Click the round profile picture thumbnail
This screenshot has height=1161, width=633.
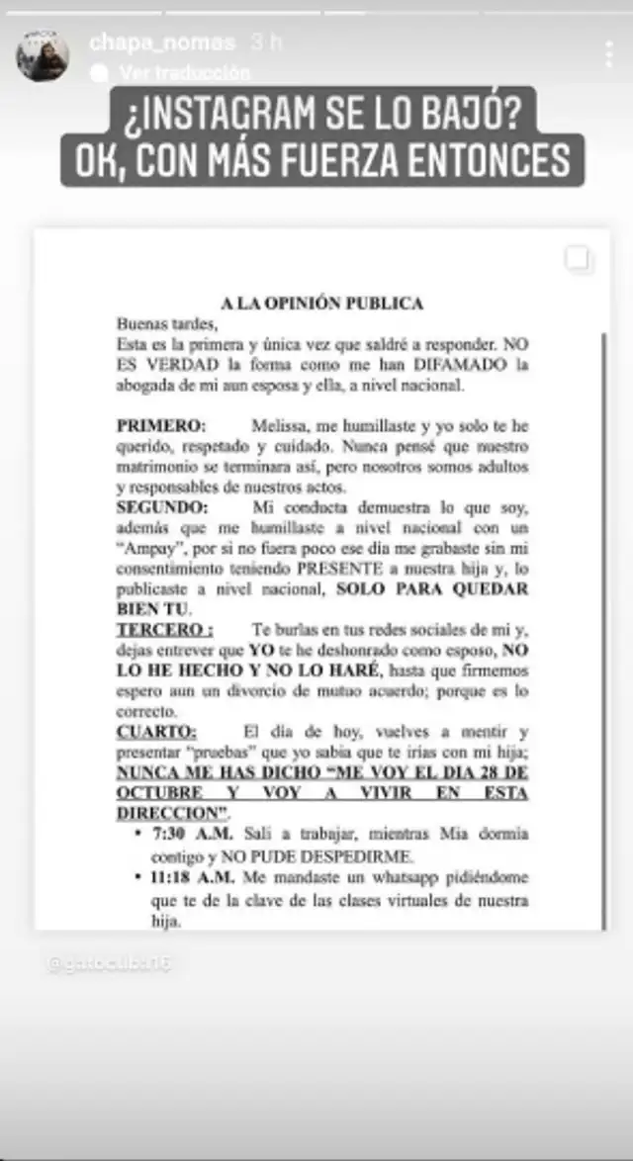pyautogui.click(x=43, y=54)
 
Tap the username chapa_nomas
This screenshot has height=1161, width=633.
pyautogui.click(x=162, y=42)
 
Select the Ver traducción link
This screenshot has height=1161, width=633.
pyautogui.click(x=184, y=72)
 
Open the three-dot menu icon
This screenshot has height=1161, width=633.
pyautogui.click(x=608, y=54)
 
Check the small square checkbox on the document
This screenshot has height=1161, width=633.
pyautogui.click(x=578, y=259)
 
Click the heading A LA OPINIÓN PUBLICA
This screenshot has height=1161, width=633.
pyautogui.click(x=322, y=304)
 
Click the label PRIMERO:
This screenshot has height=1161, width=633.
pyautogui.click(x=161, y=425)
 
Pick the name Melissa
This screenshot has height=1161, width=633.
pyautogui.click(x=282, y=425)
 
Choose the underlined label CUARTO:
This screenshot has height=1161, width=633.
pyautogui.click(x=156, y=731)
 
